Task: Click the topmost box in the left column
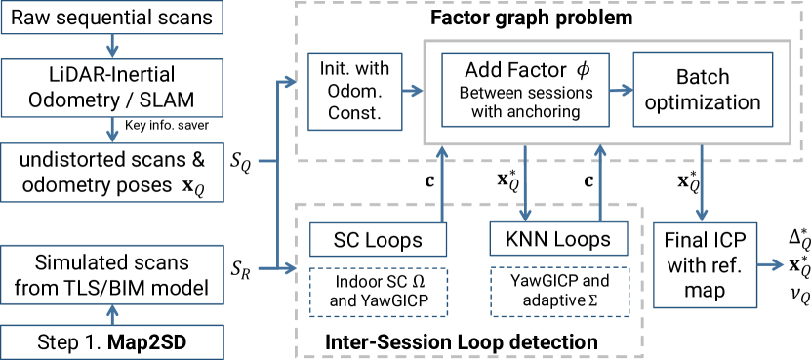pyautogui.click(x=111, y=18)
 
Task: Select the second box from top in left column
pyautogui.click(x=111, y=88)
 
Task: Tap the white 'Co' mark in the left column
pyautogui.click(x=189, y=186)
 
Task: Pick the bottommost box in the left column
pyautogui.click(x=111, y=341)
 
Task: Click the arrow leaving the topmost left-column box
pyautogui.click(x=112, y=46)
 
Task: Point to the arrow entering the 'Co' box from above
pyautogui.click(x=112, y=130)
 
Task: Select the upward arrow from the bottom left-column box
pyautogui.click(x=112, y=314)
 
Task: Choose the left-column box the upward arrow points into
pyautogui.click(x=111, y=274)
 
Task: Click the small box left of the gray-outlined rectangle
pyautogui.click(x=355, y=92)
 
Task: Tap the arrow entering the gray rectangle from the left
pyautogui.click(x=413, y=91)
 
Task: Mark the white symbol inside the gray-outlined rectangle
pyautogui.click(x=578, y=73)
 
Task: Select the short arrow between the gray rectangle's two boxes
pyautogui.click(x=622, y=90)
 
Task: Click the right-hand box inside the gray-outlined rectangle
pyautogui.click(x=703, y=89)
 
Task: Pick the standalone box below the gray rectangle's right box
pyautogui.click(x=705, y=265)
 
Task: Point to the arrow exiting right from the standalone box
pyautogui.click(x=771, y=264)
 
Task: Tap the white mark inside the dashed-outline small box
pyautogui.click(x=415, y=282)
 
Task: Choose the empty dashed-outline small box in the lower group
pyautogui.click(x=559, y=292)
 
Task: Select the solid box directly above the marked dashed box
pyautogui.click(x=378, y=239)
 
